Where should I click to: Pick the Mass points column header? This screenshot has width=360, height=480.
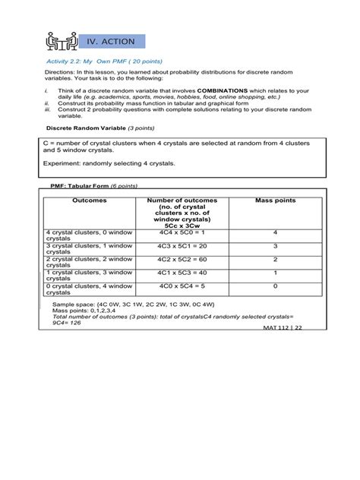pyautogui.click(x=275, y=201)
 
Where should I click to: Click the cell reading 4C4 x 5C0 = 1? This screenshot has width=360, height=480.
pyautogui.click(x=182, y=232)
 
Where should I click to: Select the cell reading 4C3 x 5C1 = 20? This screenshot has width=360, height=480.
pyautogui.click(x=182, y=246)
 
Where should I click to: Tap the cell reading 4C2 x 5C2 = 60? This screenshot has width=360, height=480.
pyautogui.click(x=182, y=260)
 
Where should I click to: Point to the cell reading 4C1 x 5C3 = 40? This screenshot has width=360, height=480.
pyautogui.click(x=182, y=273)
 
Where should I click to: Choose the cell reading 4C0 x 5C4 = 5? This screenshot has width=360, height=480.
pyautogui.click(x=182, y=287)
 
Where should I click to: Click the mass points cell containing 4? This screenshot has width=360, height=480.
pyautogui.click(x=275, y=232)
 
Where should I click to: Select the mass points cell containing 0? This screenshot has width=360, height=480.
pyautogui.click(x=275, y=287)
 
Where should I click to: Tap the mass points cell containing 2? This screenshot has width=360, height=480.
pyautogui.click(x=275, y=260)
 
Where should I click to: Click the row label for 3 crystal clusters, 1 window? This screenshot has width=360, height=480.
pyautogui.click(x=89, y=249)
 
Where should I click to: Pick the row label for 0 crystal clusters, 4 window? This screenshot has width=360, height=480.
pyautogui.click(x=89, y=289)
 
